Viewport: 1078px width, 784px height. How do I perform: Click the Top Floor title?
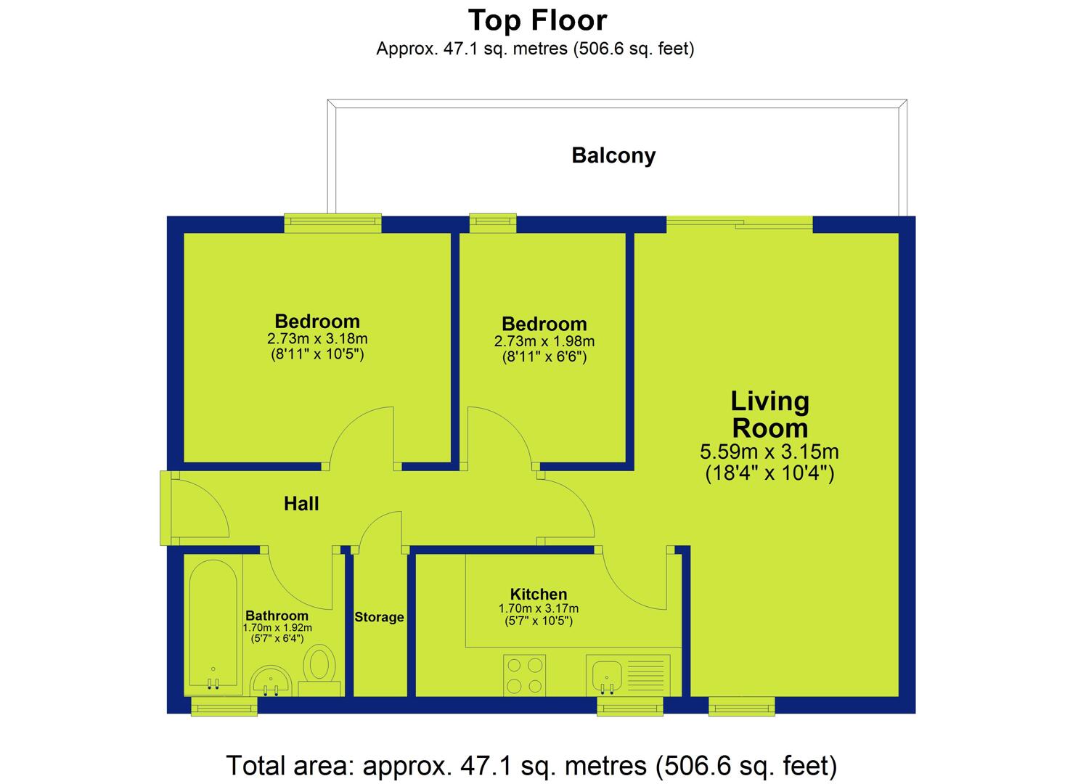(537, 21)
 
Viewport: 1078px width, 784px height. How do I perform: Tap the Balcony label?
(613, 155)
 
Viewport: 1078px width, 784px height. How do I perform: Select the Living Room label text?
(769, 415)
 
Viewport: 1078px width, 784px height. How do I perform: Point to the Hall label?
(301, 503)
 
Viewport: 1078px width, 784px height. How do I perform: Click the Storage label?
(379, 617)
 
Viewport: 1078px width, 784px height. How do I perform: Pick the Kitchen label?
(539, 594)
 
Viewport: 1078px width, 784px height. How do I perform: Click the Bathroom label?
(277, 616)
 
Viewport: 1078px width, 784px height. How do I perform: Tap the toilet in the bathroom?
(320, 670)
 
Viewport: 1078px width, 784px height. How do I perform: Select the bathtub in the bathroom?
(213, 625)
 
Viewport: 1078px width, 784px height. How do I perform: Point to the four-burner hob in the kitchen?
(525, 675)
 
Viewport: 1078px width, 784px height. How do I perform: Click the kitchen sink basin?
(607, 676)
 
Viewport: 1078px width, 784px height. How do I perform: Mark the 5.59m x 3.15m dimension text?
(769, 452)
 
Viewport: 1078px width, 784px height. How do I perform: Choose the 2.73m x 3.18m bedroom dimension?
(317, 339)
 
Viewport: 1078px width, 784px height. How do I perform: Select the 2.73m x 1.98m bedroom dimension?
(544, 341)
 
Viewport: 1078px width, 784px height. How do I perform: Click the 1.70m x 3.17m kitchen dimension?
(539, 608)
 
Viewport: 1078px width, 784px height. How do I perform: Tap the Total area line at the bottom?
(531, 766)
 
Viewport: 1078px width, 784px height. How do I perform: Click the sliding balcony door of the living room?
(740, 225)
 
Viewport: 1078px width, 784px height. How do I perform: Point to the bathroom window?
(224, 706)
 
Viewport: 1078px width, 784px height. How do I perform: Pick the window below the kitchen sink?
(630, 706)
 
